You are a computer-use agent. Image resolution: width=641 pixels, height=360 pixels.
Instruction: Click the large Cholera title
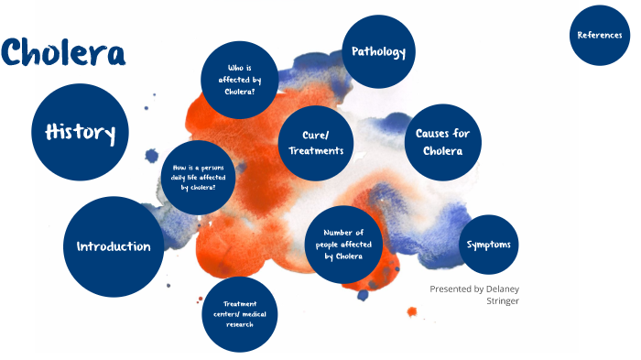pyautogui.click(x=63, y=52)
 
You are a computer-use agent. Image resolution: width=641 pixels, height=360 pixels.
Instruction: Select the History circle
pyautogui.click(x=81, y=134)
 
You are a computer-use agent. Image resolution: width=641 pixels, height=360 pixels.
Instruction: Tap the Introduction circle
pyautogui.click(x=114, y=246)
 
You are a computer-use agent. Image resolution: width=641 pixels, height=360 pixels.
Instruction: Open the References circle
pyautogui.click(x=601, y=35)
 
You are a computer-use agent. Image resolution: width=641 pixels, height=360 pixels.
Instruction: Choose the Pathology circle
pyautogui.click(x=378, y=52)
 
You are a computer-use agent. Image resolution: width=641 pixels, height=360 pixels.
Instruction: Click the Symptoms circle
pyautogui.click(x=488, y=245)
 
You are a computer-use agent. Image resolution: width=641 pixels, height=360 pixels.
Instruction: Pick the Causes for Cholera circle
pyautogui.click(x=442, y=142)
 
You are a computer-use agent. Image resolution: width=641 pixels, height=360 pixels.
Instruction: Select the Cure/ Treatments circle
pyautogui.click(x=315, y=143)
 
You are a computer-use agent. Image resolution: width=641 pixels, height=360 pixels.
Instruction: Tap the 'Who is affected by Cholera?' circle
pyautogui.click(x=239, y=79)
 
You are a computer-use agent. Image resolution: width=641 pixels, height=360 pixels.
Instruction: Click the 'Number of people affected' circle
pyautogui.click(x=343, y=245)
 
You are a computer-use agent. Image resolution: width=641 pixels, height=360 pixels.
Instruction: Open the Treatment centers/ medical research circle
pyautogui.click(x=239, y=314)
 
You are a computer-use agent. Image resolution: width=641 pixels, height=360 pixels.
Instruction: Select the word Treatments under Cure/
pyautogui.click(x=315, y=151)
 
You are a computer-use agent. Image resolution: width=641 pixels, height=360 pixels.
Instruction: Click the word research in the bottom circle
pyautogui.click(x=239, y=324)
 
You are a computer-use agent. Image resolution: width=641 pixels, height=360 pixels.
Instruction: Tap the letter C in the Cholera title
pyautogui.click(x=16, y=53)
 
